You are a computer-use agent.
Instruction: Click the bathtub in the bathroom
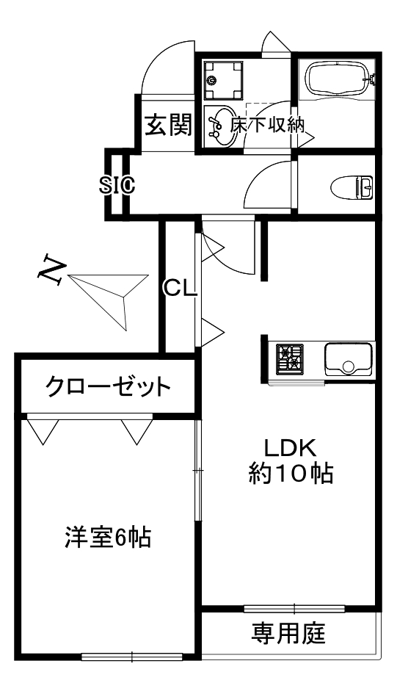click(x=336, y=78)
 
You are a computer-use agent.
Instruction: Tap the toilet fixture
click(x=352, y=187)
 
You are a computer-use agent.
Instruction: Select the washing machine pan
click(x=223, y=81)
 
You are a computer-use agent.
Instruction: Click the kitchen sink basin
click(x=348, y=359)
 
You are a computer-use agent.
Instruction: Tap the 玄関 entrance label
click(x=169, y=124)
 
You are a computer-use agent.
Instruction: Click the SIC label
click(x=117, y=185)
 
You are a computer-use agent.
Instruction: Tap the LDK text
click(x=290, y=449)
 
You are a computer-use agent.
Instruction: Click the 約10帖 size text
click(x=290, y=474)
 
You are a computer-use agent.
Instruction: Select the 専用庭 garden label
click(x=288, y=633)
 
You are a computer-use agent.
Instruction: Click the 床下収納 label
click(x=267, y=126)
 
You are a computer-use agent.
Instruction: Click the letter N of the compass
click(x=52, y=268)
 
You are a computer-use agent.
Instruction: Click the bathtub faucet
click(x=372, y=79)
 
